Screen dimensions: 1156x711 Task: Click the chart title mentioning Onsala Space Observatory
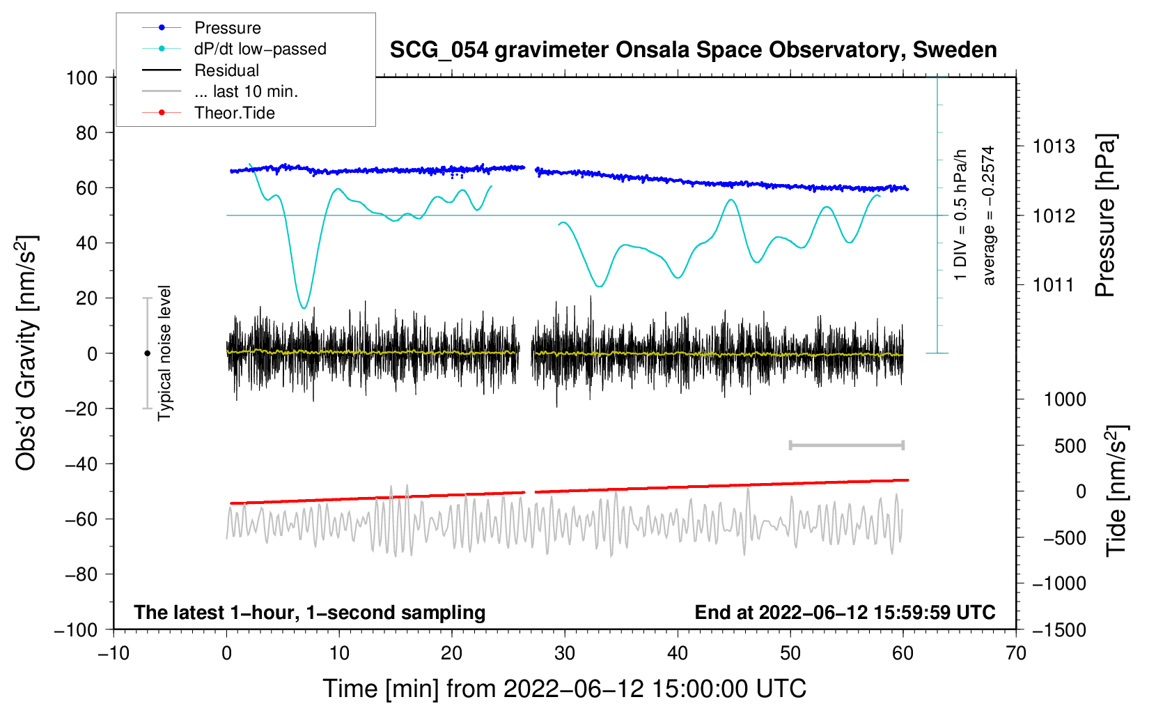click(693, 50)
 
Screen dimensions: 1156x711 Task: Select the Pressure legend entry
click(202, 27)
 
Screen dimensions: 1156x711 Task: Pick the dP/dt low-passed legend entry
click(234, 49)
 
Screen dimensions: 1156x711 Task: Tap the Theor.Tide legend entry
click(208, 113)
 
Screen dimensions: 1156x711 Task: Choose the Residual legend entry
click(201, 70)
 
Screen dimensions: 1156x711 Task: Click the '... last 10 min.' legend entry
click(220, 91)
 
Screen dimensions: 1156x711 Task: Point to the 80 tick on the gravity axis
click(86, 133)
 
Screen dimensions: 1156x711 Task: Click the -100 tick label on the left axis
click(77, 630)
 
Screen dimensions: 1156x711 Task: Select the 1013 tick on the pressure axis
click(1054, 146)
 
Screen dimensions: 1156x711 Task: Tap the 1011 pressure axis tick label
click(1054, 284)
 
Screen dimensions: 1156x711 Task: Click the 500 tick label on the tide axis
click(1070, 446)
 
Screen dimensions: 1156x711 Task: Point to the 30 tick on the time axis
click(565, 654)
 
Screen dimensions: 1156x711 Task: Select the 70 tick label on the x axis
click(1015, 654)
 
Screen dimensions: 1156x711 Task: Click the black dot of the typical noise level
click(147, 353)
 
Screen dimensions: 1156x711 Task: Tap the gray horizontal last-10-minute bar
click(846, 445)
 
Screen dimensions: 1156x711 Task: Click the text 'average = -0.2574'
click(987, 215)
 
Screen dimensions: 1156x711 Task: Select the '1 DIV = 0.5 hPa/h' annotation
click(960, 215)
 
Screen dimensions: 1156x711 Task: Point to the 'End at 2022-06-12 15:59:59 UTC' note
click(845, 612)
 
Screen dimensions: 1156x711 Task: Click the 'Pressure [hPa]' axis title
click(1105, 215)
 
